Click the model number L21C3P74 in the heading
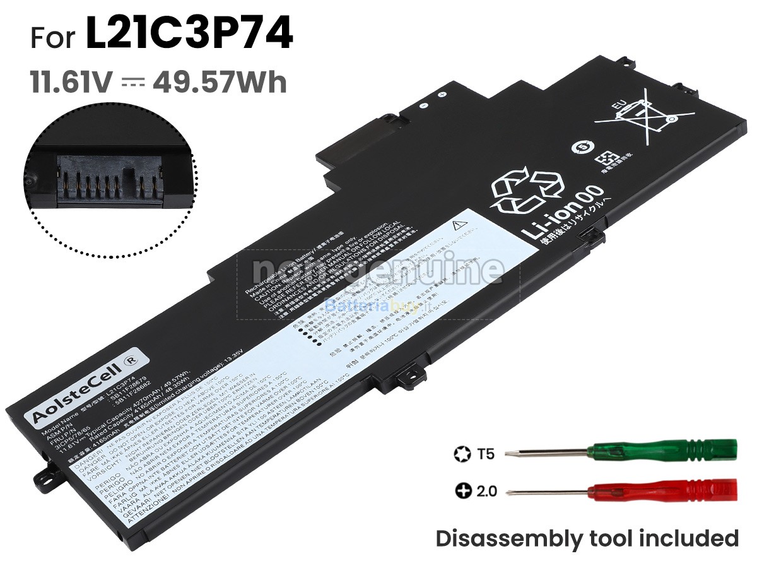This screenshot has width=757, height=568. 189,36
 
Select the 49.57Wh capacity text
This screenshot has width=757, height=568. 220,82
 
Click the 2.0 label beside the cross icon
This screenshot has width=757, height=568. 486,490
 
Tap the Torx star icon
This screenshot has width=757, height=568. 460,453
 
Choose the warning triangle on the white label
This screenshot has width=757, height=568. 459,225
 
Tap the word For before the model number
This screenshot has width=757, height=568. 54,38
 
